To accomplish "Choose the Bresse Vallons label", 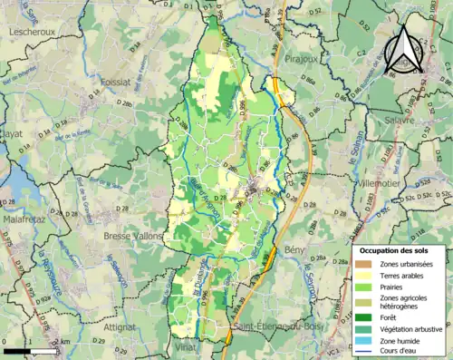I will (132, 236).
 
